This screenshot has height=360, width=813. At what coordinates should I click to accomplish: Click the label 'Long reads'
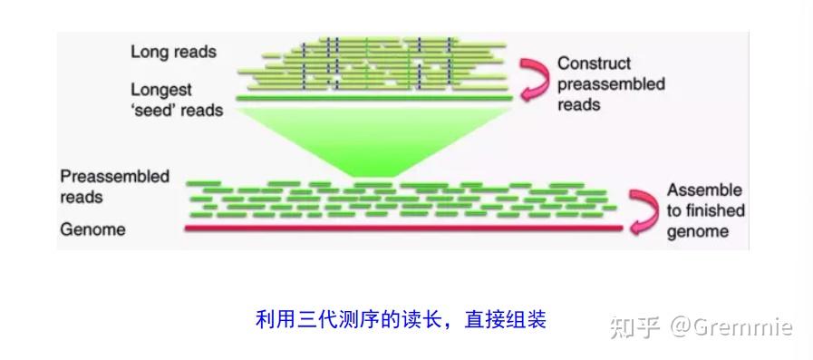pyautogui.click(x=173, y=52)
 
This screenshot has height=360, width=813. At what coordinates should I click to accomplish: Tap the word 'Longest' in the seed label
pyautogui.click(x=161, y=91)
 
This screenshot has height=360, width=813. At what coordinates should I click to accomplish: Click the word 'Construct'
pyautogui.click(x=594, y=64)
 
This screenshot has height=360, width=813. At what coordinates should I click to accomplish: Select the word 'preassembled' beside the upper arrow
pyautogui.click(x=611, y=84)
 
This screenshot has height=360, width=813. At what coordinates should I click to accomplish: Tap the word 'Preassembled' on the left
pyautogui.click(x=114, y=176)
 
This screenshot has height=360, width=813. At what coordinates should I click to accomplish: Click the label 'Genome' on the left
pyautogui.click(x=92, y=229)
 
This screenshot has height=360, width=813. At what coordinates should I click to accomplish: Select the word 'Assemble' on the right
pyautogui.click(x=704, y=190)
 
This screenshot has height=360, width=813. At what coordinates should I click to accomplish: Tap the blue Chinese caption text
pyautogui.click(x=402, y=319)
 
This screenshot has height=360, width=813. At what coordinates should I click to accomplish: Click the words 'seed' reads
pyautogui.click(x=177, y=111)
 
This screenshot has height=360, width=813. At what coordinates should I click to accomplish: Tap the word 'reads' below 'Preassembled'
pyautogui.click(x=82, y=196)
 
